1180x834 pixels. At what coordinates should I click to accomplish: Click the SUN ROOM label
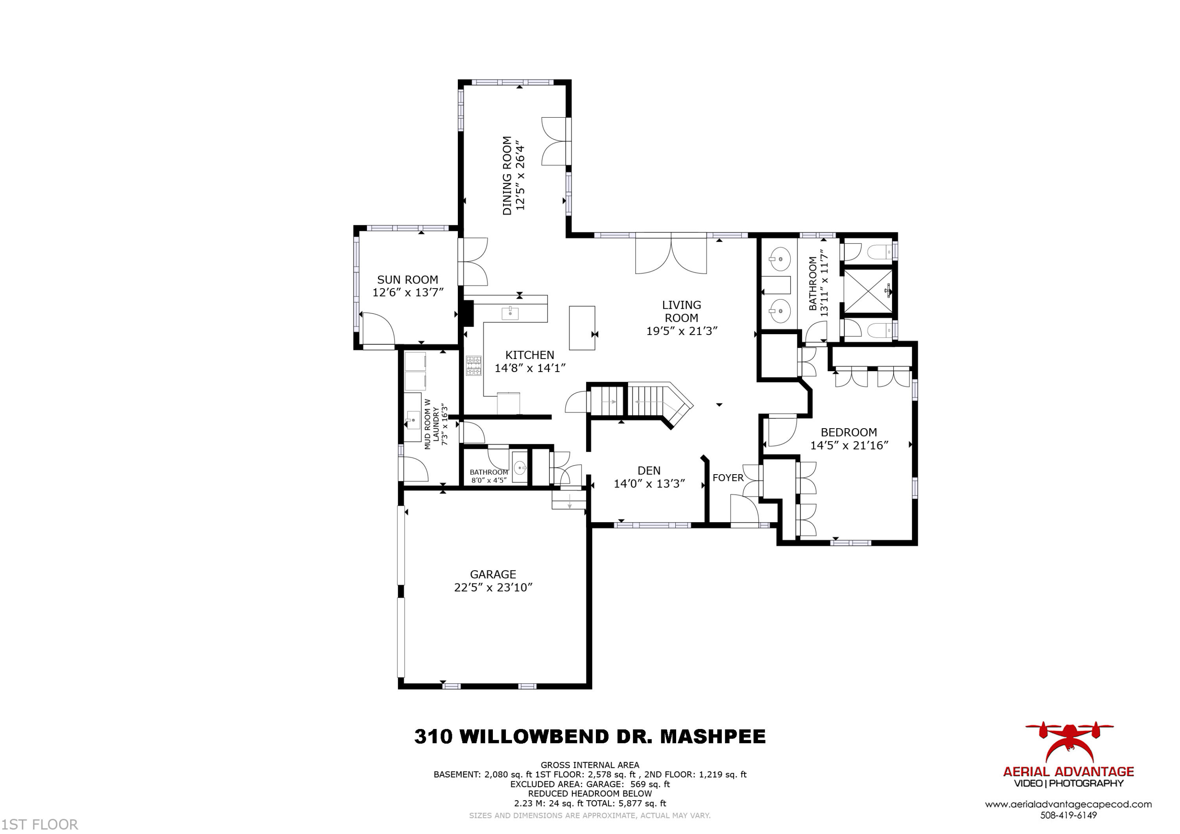(407, 280)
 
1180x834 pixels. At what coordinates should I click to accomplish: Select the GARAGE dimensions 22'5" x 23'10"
(493, 587)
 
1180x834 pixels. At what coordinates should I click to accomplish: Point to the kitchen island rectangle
(582, 328)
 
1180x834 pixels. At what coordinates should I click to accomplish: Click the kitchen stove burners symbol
(473, 365)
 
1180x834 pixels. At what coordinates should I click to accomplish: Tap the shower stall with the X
(868, 291)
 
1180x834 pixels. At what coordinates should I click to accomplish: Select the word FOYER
(728, 478)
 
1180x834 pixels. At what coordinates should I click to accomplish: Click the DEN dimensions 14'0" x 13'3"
(649, 484)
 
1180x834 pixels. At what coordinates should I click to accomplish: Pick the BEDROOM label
(848, 432)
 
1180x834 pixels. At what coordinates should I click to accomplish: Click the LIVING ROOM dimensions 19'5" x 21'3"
(682, 331)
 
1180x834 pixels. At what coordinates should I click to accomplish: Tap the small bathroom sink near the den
(520, 468)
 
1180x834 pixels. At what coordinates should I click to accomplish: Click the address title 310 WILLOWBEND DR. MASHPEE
(590, 736)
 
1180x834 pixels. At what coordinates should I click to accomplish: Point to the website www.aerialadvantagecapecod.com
(1068, 804)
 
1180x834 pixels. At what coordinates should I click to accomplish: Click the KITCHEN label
(529, 355)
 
